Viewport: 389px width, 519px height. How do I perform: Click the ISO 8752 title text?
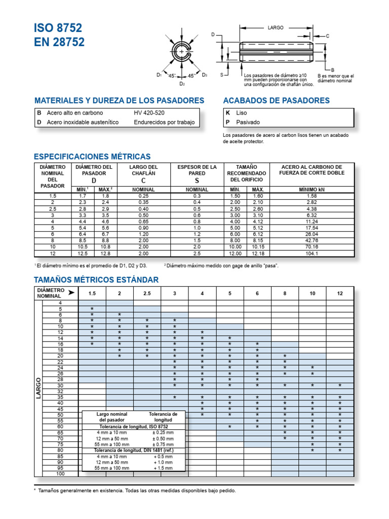click(x=58, y=28)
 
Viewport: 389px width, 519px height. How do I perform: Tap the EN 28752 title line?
click(x=60, y=43)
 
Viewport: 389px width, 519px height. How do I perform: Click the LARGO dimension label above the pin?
click(x=276, y=28)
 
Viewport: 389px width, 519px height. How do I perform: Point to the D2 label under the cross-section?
click(x=182, y=84)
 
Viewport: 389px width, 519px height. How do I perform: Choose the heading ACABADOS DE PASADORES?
click(x=276, y=100)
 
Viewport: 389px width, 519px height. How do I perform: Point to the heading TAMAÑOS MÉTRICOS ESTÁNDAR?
click(x=96, y=280)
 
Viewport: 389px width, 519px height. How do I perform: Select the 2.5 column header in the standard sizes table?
click(x=147, y=293)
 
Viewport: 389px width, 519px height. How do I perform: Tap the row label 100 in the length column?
click(x=60, y=474)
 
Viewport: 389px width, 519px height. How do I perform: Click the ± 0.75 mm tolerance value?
click(x=163, y=444)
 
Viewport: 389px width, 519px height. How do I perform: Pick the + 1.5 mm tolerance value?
click(x=163, y=468)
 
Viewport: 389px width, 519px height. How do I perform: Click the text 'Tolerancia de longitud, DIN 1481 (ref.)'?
click(x=134, y=450)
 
